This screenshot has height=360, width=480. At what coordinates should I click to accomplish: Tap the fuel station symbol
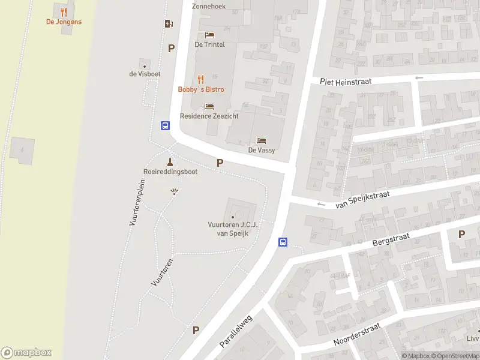click(169, 24)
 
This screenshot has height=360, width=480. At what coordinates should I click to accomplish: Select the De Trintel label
click(210, 44)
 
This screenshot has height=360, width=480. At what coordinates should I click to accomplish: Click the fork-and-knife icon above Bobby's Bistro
click(200, 79)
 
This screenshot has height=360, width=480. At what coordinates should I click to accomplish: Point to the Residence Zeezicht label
click(208, 116)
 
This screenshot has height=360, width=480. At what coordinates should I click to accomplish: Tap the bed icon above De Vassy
click(262, 140)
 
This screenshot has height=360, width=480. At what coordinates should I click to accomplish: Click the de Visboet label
click(145, 74)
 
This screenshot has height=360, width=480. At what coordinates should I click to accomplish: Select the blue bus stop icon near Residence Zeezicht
click(165, 126)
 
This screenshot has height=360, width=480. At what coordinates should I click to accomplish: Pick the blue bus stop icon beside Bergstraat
click(283, 242)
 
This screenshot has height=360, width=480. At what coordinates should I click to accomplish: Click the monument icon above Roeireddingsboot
click(170, 161)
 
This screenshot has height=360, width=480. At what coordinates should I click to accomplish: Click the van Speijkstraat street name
click(363, 200)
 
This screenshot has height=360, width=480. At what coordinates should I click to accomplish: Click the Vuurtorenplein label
click(137, 202)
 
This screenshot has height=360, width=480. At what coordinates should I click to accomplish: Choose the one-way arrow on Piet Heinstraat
click(419, 77)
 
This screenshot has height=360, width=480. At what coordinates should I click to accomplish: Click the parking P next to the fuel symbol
click(172, 49)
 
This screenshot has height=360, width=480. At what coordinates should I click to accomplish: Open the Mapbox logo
click(26, 353)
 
